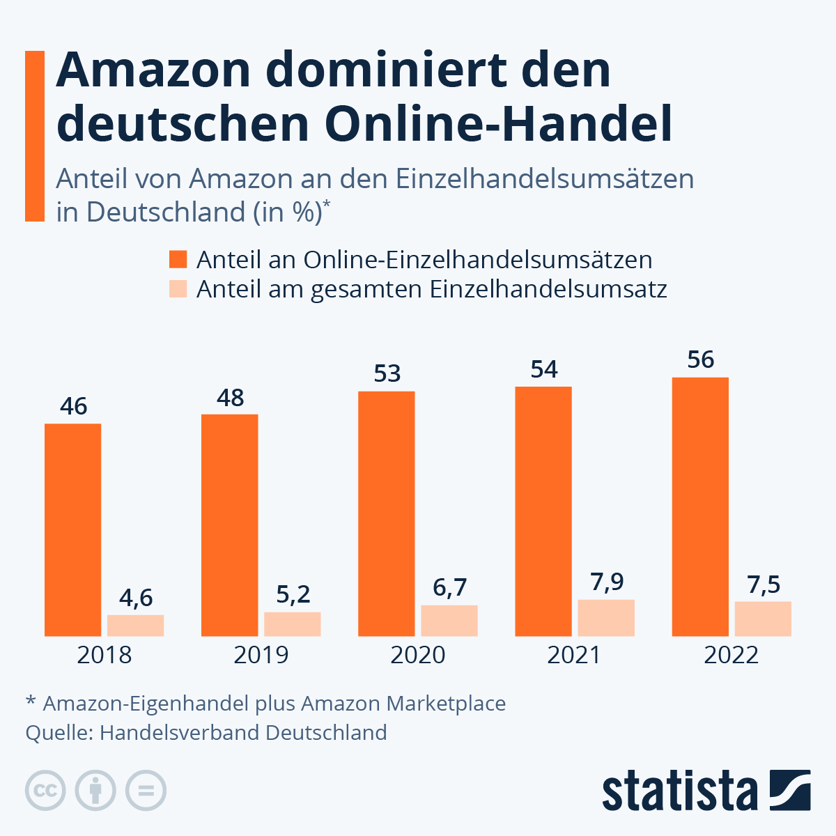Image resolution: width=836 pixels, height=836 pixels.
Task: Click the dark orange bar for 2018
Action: (x=72, y=529)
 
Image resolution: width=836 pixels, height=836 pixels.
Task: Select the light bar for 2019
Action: (x=292, y=624)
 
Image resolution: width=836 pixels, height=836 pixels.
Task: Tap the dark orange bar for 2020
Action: (x=387, y=513)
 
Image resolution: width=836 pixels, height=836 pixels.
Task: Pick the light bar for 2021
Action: (x=606, y=618)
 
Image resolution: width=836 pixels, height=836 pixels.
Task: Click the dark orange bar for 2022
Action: (x=700, y=506)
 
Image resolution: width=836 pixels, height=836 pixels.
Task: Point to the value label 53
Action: (x=387, y=374)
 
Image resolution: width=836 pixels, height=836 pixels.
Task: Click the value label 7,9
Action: (x=607, y=582)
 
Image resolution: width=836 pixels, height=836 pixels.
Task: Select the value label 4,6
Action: (x=136, y=598)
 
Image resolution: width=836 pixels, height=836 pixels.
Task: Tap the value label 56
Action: (x=700, y=359)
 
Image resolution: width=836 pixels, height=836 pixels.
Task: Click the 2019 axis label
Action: (x=261, y=656)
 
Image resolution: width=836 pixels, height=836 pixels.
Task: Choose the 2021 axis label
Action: (x=574, y=656)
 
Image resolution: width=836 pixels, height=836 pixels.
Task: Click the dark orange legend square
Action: (x=178, y=260)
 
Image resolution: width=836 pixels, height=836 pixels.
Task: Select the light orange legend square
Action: (x=178, y=288)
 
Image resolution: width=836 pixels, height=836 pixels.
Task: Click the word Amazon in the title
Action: (x=153, y=70)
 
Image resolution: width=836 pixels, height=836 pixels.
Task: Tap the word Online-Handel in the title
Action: (x=498, y=124)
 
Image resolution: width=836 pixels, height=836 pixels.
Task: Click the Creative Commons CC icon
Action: (x=45, y=791)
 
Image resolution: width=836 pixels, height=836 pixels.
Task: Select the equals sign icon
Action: (x=146, y=791)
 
